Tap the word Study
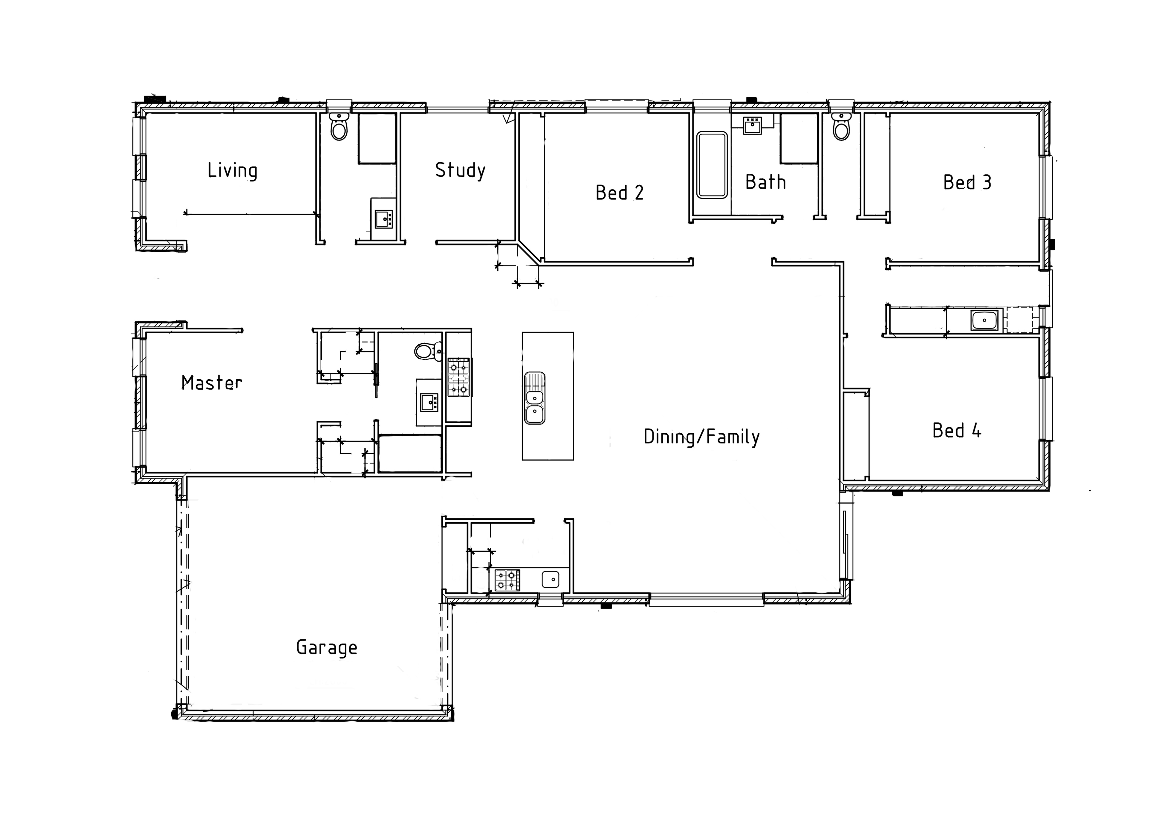460,170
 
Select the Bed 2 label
620,193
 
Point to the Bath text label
765,182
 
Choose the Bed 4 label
957,431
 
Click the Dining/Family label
702,437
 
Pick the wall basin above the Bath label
752,125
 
